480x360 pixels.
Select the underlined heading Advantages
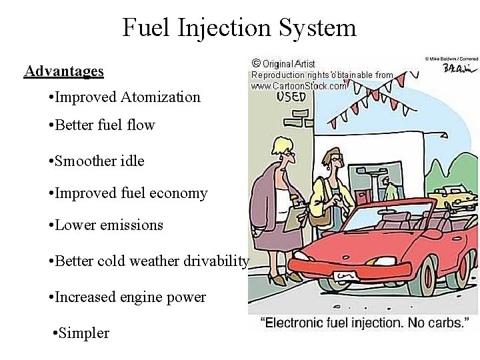point(64,71)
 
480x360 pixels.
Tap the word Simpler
point(83,333)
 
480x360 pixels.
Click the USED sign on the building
point(291,96)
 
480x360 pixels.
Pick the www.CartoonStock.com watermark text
point(299,86)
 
